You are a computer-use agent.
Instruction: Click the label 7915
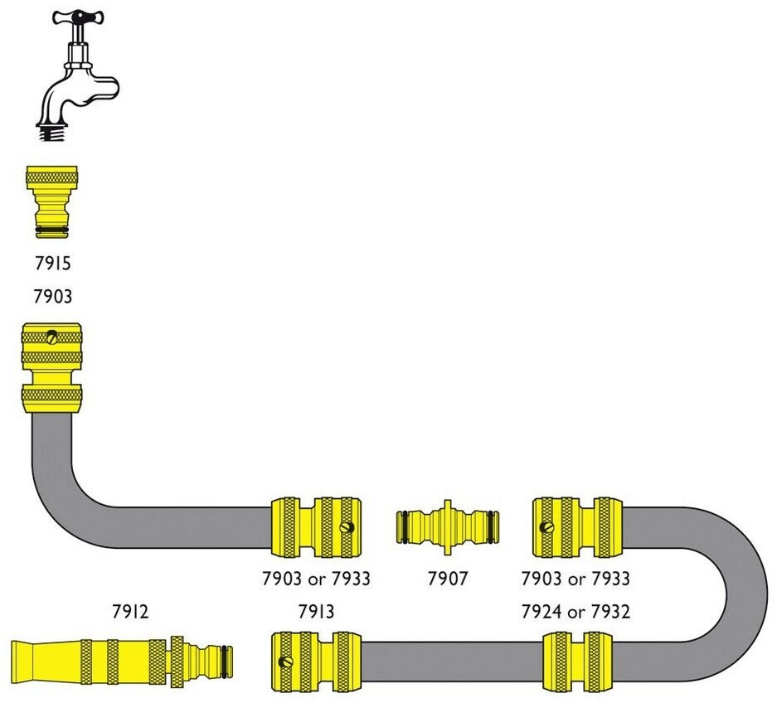tap(52, 264)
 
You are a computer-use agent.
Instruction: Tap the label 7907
tap(448, 579)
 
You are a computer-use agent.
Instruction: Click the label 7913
tap(315, 612)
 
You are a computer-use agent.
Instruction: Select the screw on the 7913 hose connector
tap(288, 662)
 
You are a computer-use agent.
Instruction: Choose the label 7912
tap(130, 612)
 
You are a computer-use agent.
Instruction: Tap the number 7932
tap(610, 612)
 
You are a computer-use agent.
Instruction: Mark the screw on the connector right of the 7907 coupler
tap(546, 527)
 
